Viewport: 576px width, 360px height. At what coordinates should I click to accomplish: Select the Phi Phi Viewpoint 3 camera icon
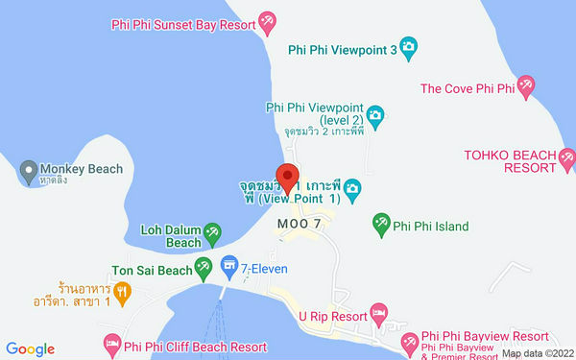pos(409,46)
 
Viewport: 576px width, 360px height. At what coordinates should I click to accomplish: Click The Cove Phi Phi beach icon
pos(525,89)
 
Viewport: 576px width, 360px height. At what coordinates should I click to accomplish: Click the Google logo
pos(31,349)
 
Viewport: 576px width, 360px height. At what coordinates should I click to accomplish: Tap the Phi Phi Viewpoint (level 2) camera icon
pos(375,115)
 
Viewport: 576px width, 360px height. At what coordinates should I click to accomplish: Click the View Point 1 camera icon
pos(352,186)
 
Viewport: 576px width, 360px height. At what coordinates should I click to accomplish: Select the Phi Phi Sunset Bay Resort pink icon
pos(268,21)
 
